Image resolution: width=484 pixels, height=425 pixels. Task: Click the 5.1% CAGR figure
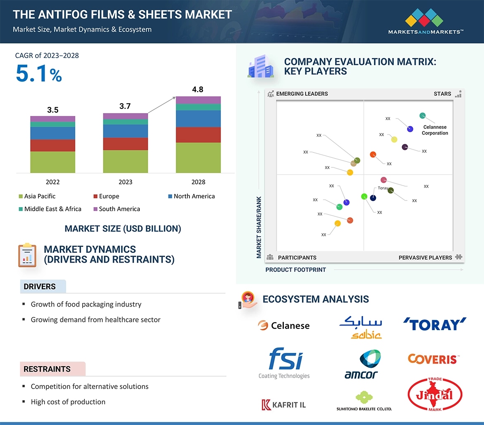coord(38,75)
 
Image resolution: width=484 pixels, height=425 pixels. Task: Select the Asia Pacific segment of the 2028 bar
coord(198,157)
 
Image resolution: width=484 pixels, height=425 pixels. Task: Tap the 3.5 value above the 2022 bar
coord(53,110)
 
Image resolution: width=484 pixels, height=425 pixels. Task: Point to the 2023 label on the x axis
coord(125,182)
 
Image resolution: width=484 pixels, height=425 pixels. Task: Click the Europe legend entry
coord(109,196)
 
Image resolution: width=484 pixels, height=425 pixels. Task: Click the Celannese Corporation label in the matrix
coord(435,130)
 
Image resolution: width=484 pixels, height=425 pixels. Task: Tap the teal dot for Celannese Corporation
coord(422,116)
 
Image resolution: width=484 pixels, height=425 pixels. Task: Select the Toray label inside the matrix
coord(383,188)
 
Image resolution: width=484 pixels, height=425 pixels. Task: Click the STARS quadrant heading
coord(442,94)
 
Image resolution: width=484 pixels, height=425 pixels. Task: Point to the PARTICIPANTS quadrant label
coord(297,258)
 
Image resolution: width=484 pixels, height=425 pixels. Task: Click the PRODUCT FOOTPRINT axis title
coord(295,270)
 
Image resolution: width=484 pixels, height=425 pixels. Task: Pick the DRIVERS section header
coord(40,287)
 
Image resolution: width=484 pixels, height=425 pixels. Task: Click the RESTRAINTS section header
coord(47,369)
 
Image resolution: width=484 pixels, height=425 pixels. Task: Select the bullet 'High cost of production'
coord(68,402)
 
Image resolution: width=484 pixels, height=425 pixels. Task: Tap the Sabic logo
coord(360,327)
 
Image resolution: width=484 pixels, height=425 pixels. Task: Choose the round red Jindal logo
coord(435,394)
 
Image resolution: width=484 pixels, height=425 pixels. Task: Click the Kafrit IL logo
coord(284,405)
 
